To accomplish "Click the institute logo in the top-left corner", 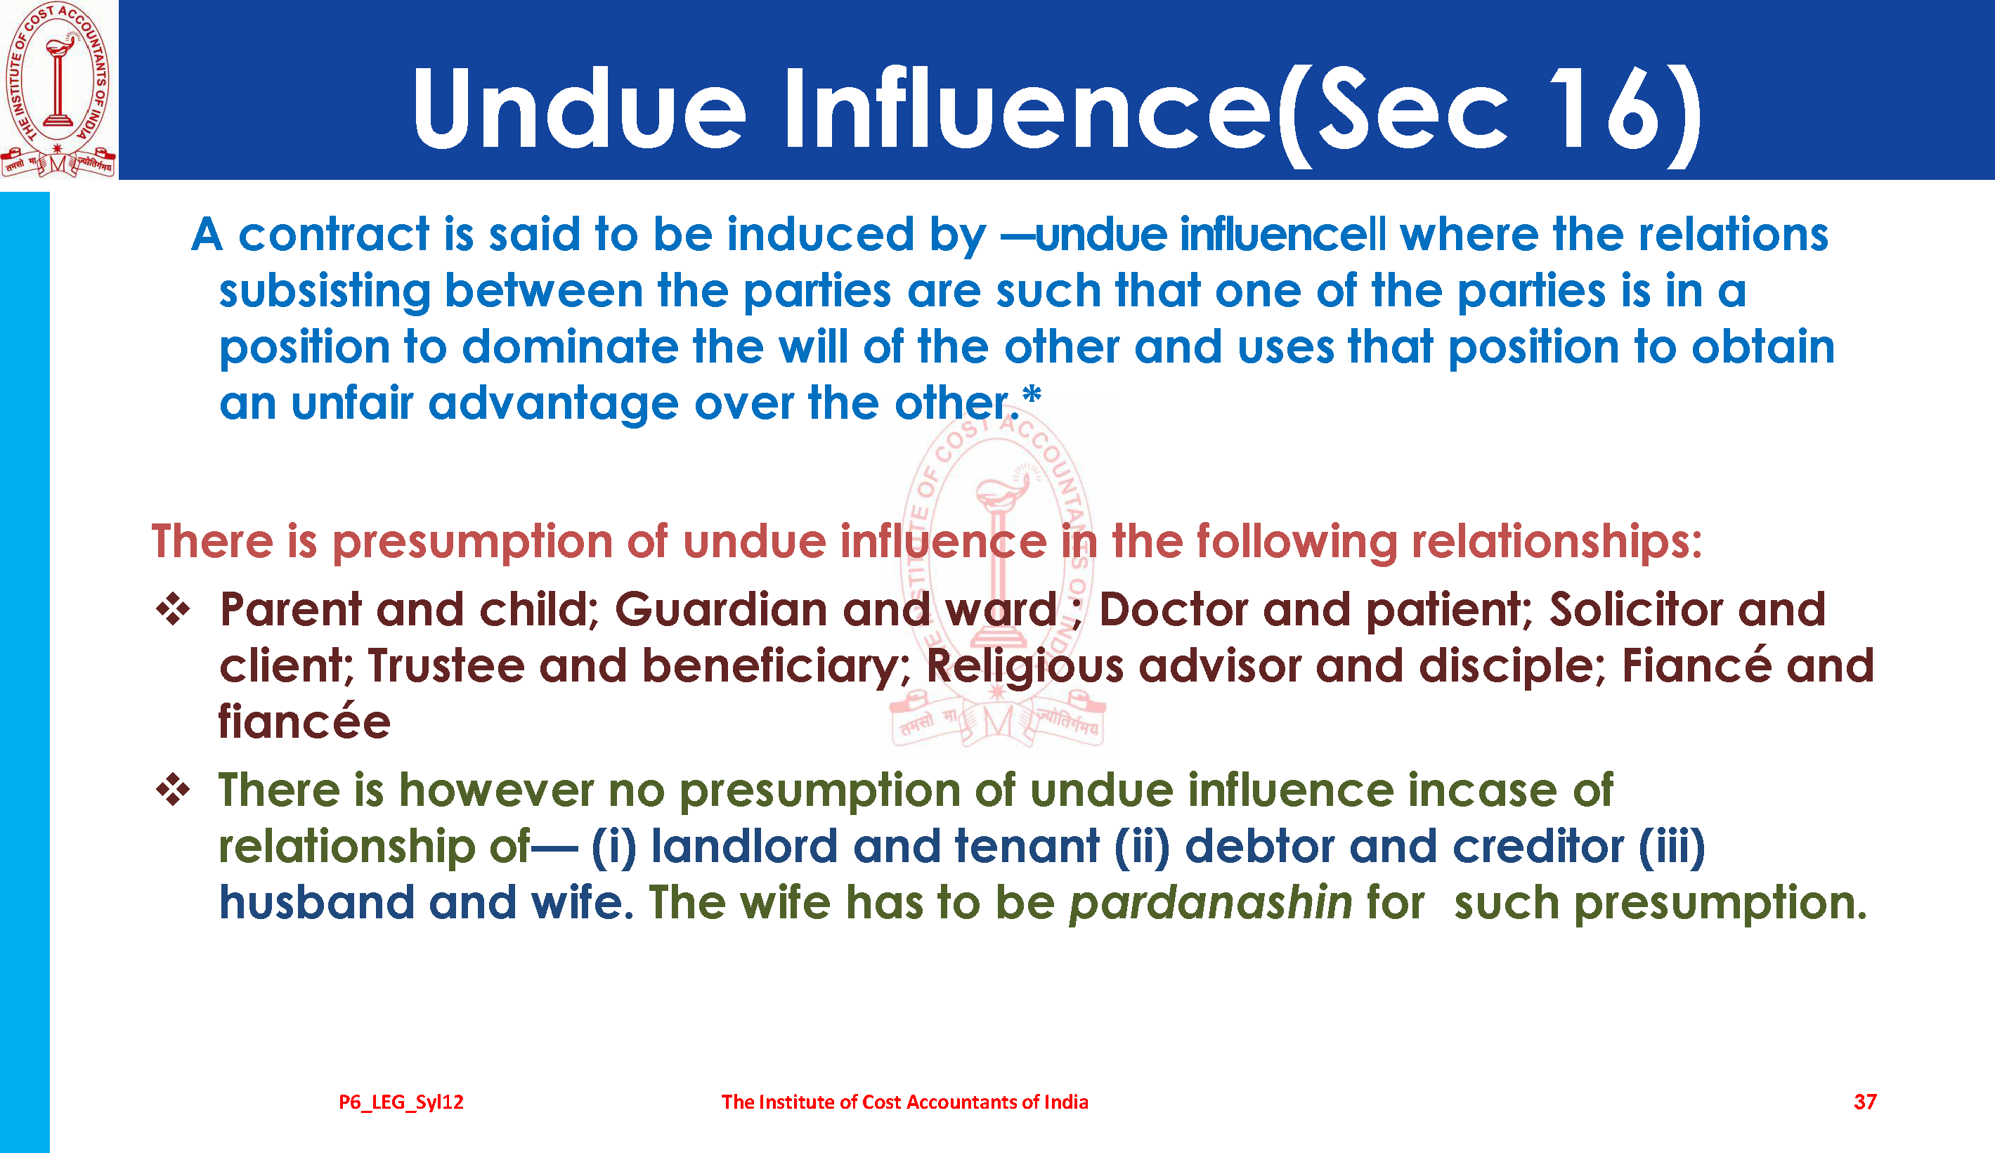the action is [x=58, y=89].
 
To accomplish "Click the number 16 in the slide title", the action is [x=1602, y=108].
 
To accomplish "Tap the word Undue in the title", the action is [x=579, y=108].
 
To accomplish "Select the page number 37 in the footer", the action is [x=1865, y=1102].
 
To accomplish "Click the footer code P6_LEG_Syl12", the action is [x=401, y=1102].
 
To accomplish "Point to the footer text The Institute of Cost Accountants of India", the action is [x=904, y=1102].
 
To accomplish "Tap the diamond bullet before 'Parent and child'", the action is [x=173, y=609].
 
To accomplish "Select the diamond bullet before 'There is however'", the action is [x=173, y=790].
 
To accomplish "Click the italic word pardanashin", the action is [x=1211, y=903].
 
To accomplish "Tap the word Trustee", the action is [x=446, y=665].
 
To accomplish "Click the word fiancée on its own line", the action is [x=305, y=722].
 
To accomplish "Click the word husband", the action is [x=317, y=903].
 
